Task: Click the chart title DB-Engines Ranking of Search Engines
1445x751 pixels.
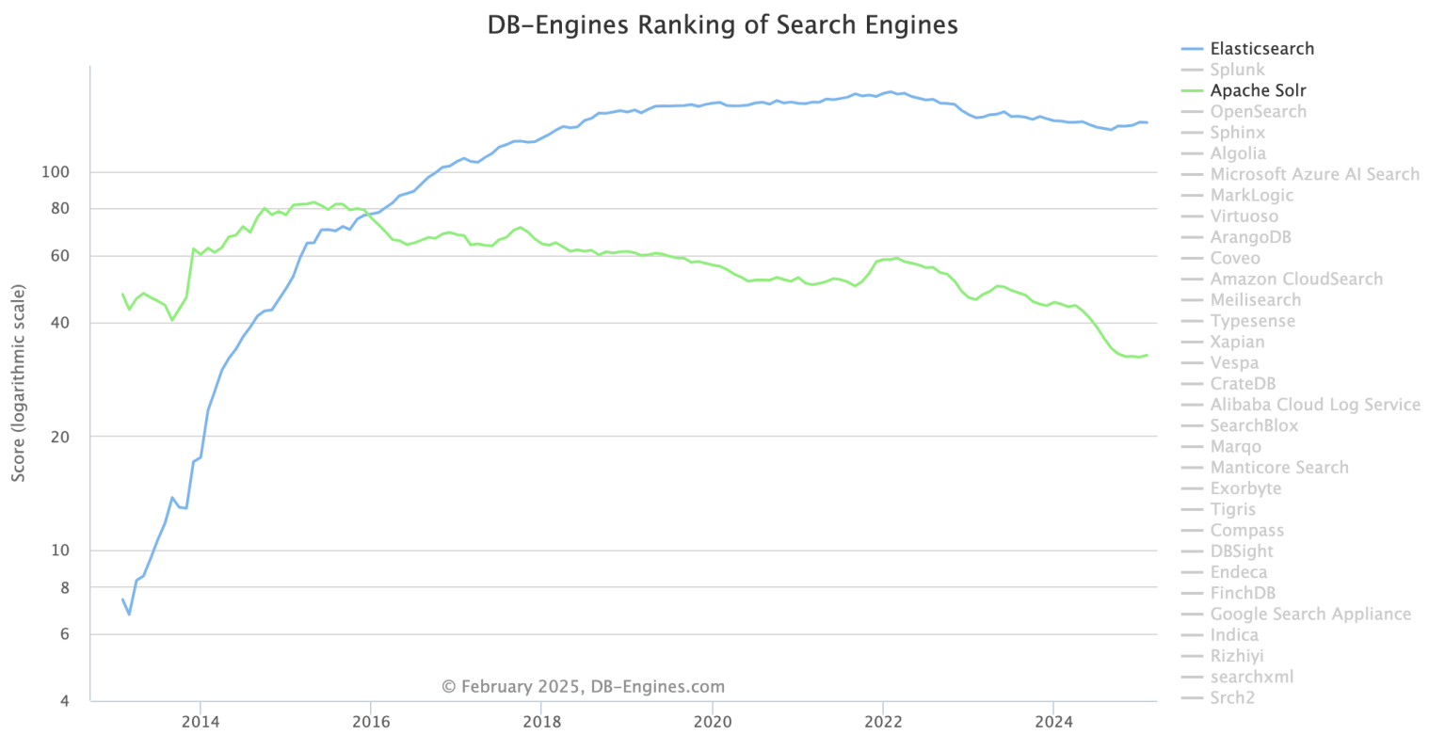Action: tap(722, 25)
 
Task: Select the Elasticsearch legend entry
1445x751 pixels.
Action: tap(1261, 49)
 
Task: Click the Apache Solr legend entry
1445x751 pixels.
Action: tap(1258, 90)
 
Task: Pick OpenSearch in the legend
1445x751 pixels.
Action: tap(1258, 112)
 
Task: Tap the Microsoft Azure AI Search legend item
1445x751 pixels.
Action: tap(1314, 174)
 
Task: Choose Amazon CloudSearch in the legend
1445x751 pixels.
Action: tap(1296, 280)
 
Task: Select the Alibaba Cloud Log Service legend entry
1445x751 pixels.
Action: tap(1314, 405)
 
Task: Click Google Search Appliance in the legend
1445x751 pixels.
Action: tap(1309, 615)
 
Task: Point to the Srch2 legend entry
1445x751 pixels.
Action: tap(1232, 698)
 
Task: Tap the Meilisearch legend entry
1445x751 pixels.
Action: tap(1255, 300)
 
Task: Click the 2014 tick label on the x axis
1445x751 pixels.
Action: tap(201, 722)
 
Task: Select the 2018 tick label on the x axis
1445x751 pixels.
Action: tap(541, 722)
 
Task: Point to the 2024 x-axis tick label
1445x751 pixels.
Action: tap(1053, 722)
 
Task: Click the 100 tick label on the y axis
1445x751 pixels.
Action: tap(56, 172)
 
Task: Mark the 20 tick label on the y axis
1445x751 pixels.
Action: tap(60, 437)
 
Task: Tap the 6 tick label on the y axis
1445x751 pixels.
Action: tap(64, 634)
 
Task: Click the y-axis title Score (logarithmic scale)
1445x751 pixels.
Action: tap(19, 383)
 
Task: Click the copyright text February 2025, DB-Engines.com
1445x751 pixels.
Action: tap(584, 687)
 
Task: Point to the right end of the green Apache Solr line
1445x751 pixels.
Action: tap(1147, 355)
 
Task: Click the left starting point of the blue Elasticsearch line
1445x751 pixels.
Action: tap(122, 599)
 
